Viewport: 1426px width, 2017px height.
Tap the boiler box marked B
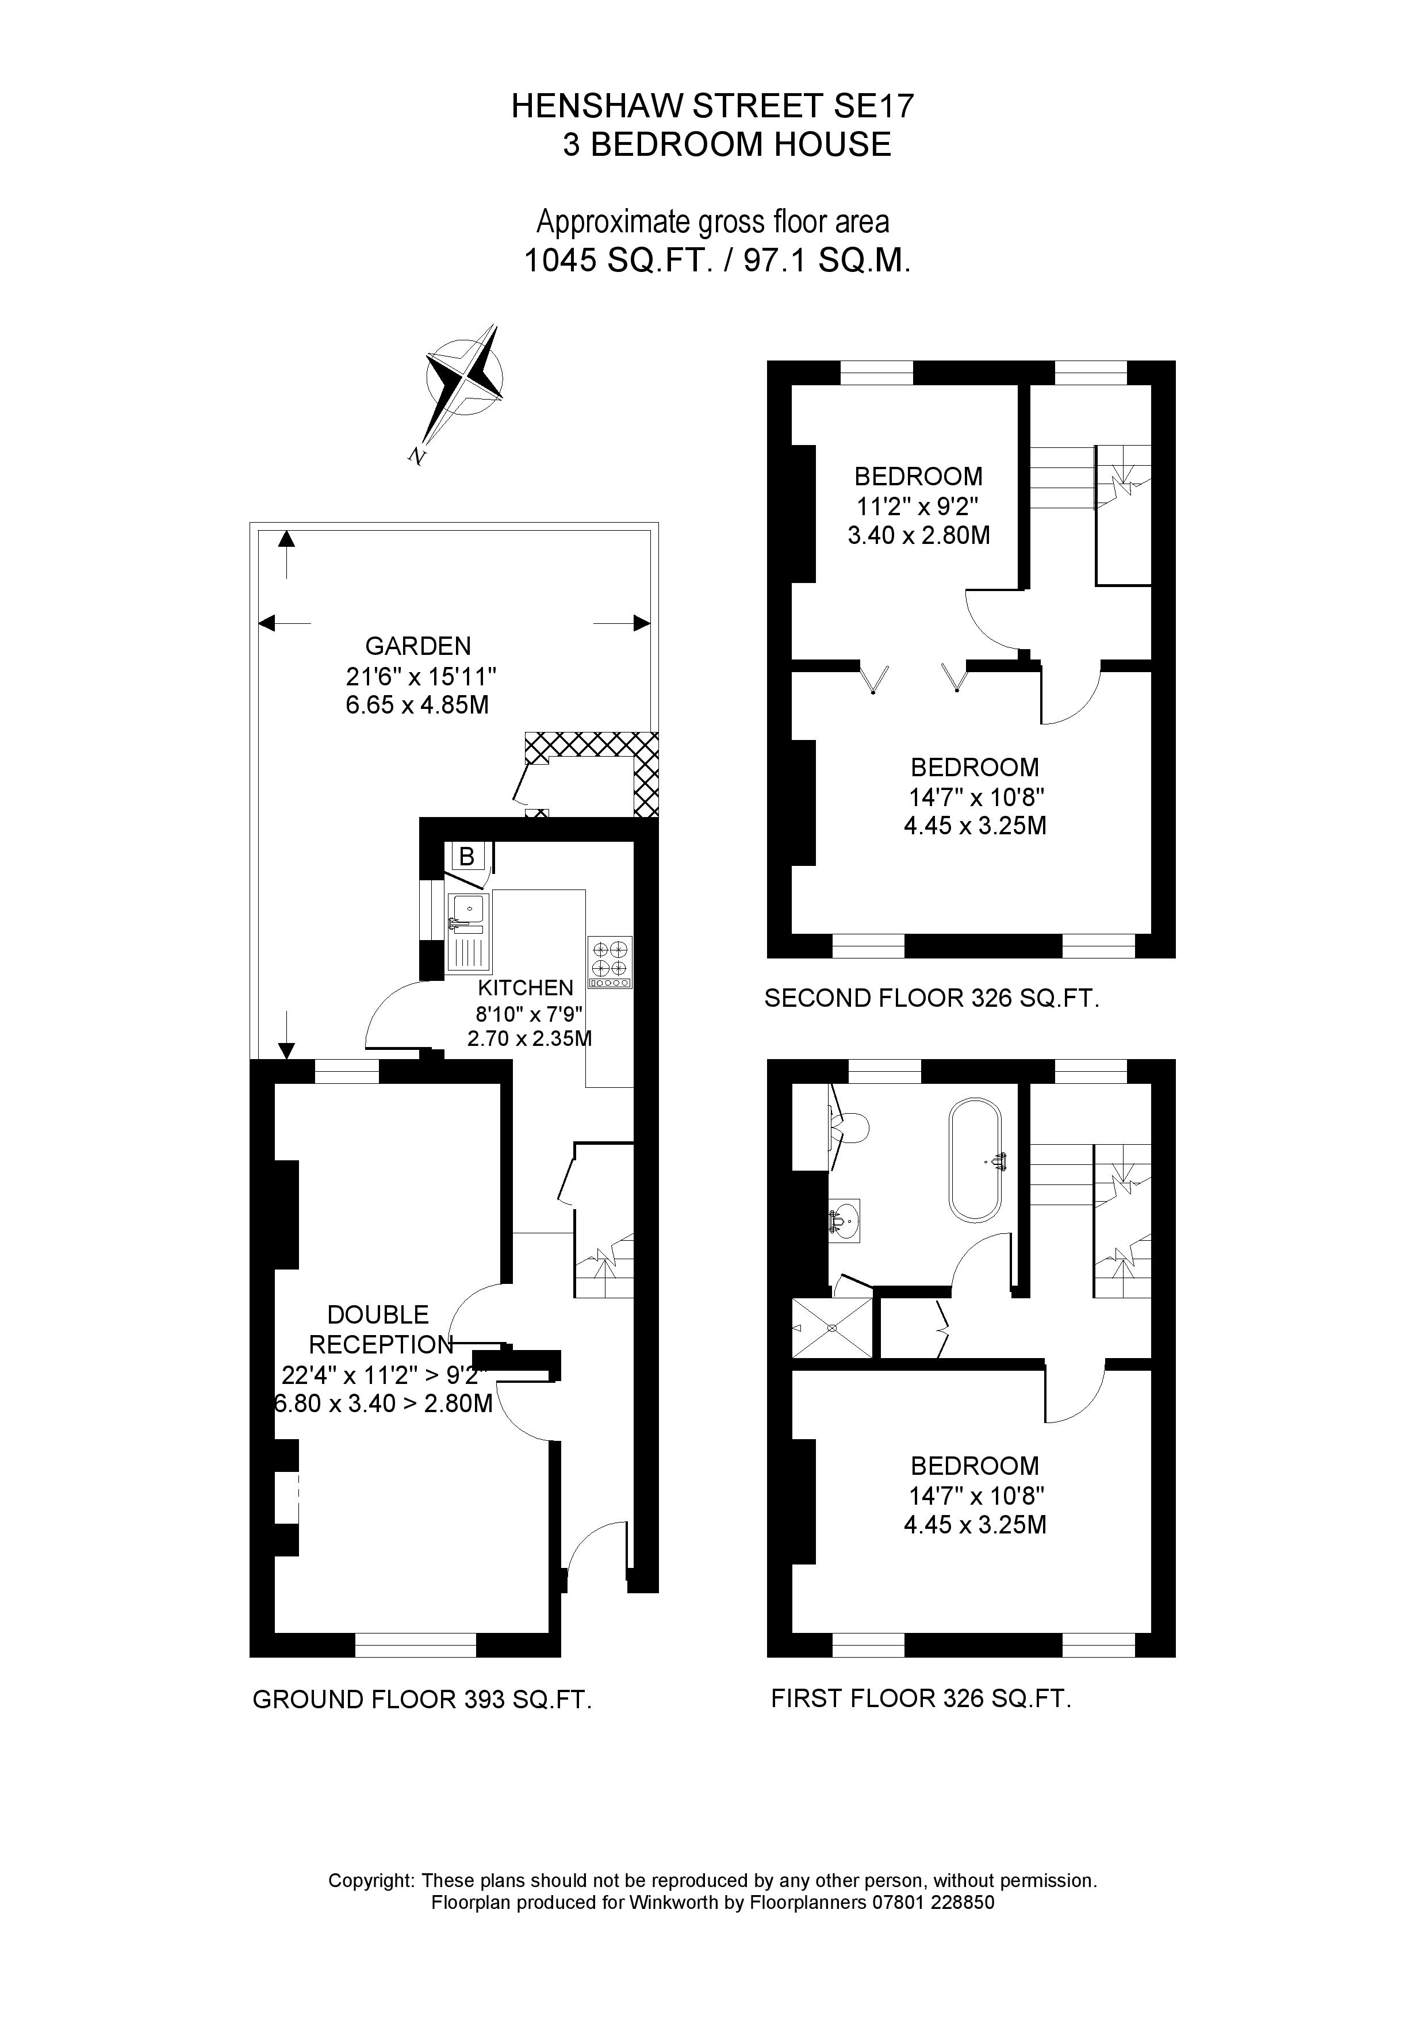point(466,856)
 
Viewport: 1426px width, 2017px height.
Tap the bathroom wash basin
point(844,1220)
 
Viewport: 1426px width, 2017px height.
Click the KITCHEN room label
point(526,987)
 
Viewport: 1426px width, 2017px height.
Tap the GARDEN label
point(418,647)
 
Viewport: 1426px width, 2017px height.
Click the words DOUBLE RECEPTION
point(379,1329)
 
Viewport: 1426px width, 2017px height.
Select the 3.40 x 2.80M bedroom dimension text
point(918,535)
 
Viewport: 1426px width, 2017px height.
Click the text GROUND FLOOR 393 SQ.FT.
point(421,1700)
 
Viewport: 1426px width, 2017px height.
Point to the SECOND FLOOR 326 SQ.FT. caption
point(931,998)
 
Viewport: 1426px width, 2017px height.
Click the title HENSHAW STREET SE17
point(712,106)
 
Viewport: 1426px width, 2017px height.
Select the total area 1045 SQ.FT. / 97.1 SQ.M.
point(716,261)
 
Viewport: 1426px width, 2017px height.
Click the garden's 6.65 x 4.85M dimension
point(417,704)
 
